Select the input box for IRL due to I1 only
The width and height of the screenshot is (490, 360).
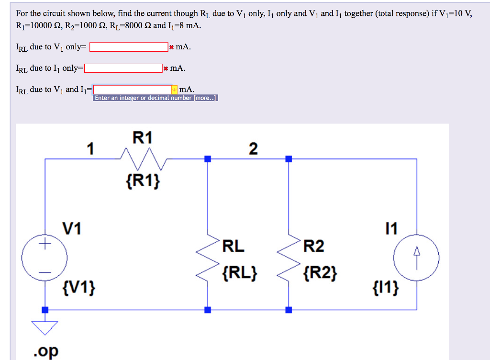pos(123,68)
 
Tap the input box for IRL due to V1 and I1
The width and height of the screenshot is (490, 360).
pos(133,90)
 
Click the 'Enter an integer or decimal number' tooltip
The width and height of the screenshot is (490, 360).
pos(156,98)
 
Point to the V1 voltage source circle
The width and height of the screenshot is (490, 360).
pos(45,259)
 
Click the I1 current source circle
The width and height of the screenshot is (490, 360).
pos(416,259)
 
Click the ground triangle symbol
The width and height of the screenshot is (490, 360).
pos(45,327)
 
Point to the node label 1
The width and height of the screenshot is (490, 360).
pos(90,149)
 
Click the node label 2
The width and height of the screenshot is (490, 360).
pos(253,149)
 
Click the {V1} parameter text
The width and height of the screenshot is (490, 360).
pos(78,289)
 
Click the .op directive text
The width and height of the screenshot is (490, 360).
pos(46,351)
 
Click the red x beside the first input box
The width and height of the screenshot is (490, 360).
pos(171,47)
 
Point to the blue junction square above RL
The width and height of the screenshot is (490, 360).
pos(208,158)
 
